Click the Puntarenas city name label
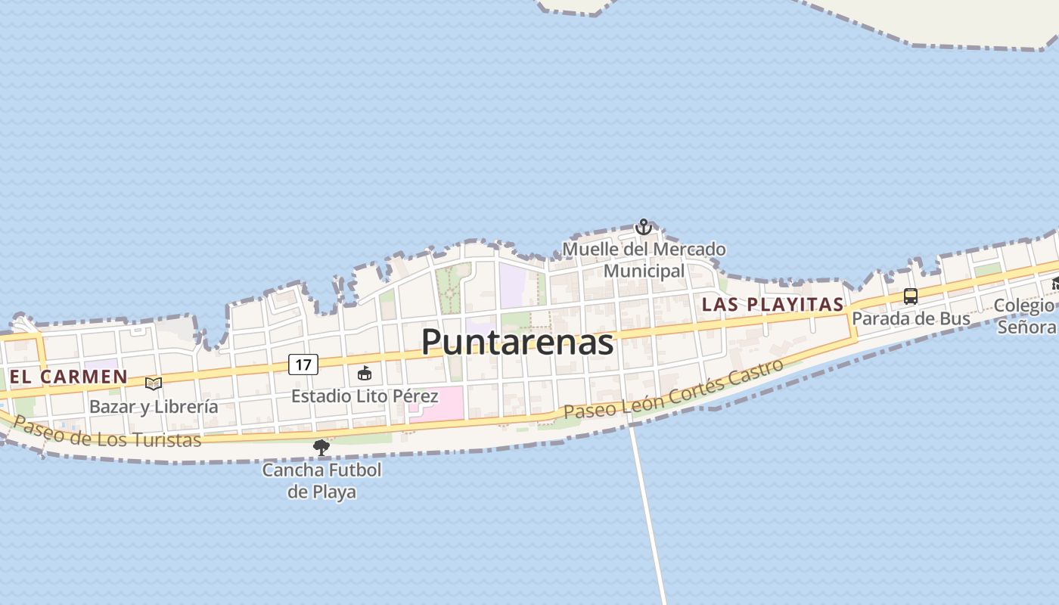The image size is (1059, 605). (517, 342)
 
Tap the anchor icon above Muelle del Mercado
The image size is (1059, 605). (643, 227)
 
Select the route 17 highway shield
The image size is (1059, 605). (303, 365)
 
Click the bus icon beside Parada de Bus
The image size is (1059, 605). (911, 296)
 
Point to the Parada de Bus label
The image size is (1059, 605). (911, 318)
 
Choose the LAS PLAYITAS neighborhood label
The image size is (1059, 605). (772, 304)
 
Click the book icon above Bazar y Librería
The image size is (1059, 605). (154, 383)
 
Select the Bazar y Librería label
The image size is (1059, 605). (154, 406)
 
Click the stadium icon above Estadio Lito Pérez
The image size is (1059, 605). (365, 373)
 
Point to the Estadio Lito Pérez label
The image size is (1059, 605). (365, 396)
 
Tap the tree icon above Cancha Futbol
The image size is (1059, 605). (321, 447)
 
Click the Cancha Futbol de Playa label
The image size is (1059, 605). (321, 480)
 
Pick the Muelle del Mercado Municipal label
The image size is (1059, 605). (644, 259)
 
